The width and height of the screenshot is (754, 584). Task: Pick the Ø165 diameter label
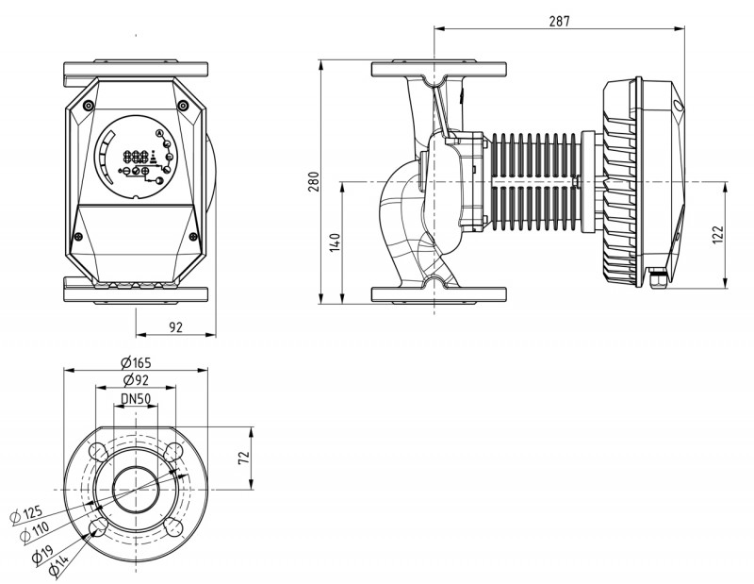tap(137, 363)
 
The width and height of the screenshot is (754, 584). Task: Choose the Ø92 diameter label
tap(137, 381)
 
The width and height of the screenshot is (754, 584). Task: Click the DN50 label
tap(138, 399)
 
